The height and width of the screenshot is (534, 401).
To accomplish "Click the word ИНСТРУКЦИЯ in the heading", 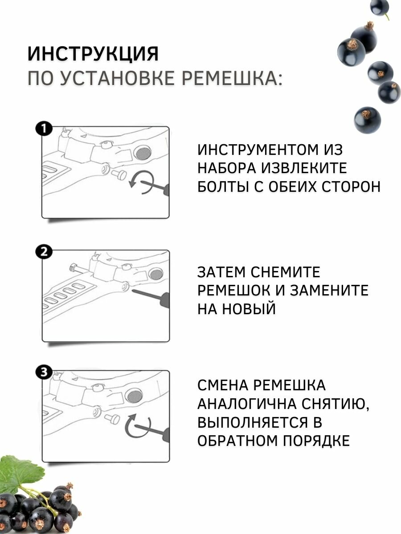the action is [93, 54].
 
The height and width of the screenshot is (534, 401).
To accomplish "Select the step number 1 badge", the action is [44, 129].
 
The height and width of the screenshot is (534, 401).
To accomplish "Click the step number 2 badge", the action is [44, 252].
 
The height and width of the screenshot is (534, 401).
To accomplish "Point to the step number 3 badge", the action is [44, 372].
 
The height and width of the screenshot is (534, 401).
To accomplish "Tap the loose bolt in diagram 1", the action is [120, 173].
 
